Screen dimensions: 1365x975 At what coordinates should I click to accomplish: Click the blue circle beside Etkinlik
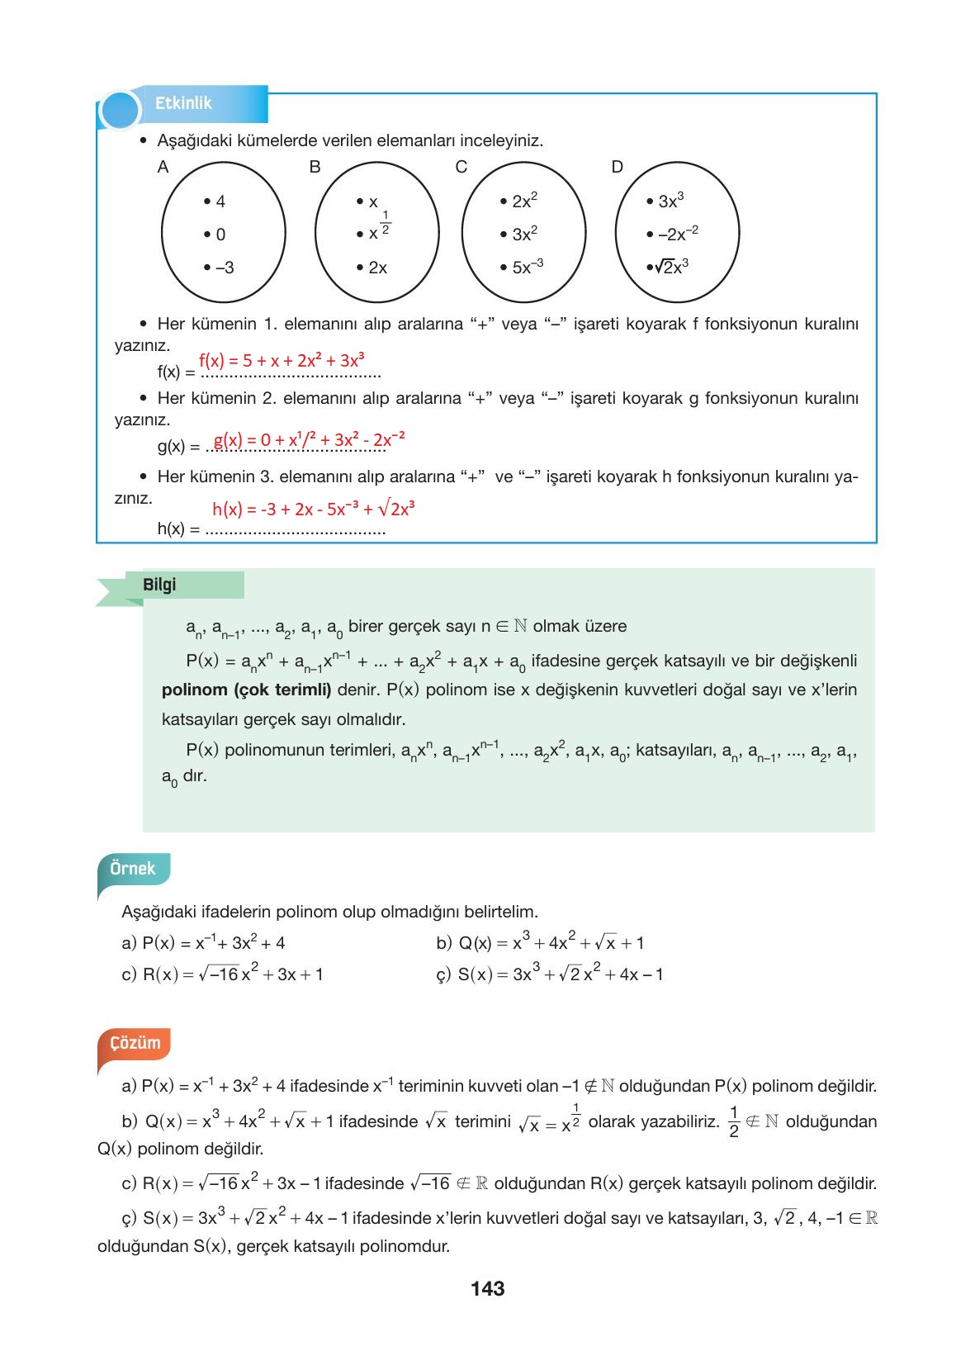(x=120, y=111)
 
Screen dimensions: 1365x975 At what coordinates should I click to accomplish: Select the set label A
(x=163, y=168)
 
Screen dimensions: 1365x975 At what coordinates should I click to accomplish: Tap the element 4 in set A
(x=215, y=201)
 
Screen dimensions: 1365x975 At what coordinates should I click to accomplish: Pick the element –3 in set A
(x=220, y=268)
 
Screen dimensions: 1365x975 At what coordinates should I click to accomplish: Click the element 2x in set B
(x=373, y=268)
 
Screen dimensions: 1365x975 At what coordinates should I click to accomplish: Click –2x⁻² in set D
(x=674, y=234)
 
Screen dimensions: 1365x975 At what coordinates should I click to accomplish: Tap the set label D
(x=617, y=168)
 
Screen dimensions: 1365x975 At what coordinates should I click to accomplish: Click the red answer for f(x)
(x=282, y=360)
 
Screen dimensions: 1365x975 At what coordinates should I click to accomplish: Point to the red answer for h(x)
(x=313, y=509)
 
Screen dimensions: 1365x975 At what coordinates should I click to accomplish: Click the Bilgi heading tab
(x=160, y=585)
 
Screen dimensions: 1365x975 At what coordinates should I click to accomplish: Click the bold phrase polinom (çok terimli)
(x=246, y=690)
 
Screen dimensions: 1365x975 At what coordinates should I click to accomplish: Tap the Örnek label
(x=133, y=869)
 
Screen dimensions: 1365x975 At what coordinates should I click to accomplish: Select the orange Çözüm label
(x=135, y=1042)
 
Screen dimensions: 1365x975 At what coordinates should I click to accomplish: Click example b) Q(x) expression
(x=541, y=942)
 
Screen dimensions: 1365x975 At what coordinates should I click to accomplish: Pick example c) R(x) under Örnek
(x=223, y=974)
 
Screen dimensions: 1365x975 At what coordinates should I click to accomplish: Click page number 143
(x=487, y=1288)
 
